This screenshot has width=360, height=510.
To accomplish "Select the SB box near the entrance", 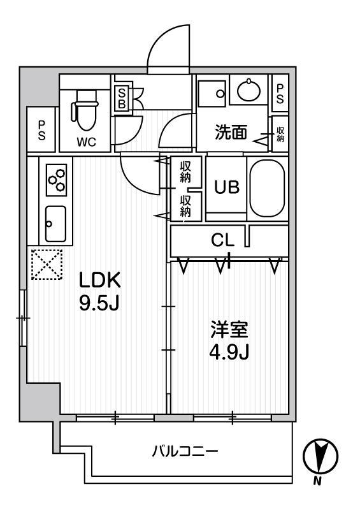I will click(122, 98).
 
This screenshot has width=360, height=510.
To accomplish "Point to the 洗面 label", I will click(231, 133).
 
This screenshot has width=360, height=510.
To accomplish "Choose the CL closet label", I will click(223, 240).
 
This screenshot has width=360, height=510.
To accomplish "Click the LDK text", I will click(99, 280).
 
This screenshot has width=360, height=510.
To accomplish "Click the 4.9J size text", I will click(230, 353).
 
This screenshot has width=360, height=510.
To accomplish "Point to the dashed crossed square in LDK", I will click(47, 263).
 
